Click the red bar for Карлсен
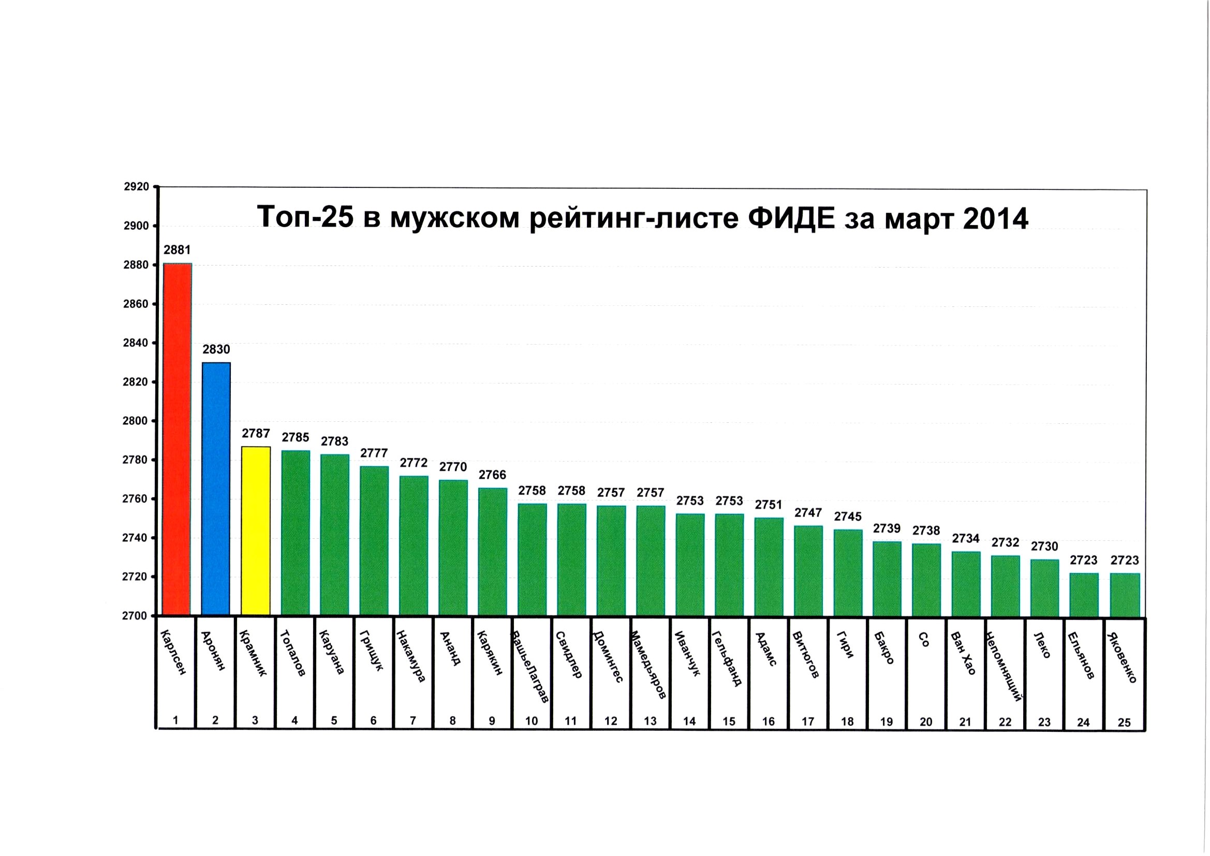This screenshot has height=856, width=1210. tap(177, 439)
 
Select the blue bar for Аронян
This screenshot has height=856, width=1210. tap(216, 489)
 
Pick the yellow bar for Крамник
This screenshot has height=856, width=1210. tap(256, 531)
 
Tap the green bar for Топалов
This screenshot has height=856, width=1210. tap(295, 533)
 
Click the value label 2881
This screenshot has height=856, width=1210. tap(177, 250)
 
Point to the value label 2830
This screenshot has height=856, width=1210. tap(216, 349)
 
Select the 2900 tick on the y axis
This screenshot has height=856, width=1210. tap(136, 226)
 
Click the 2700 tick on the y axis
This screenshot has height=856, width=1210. tap(136, 616)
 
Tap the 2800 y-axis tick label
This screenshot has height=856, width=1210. tap(136, 421)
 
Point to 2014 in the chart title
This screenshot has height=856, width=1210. tap(996, 218)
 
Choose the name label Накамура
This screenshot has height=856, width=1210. tap(410, 656)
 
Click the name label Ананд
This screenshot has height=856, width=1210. tap(451, 648)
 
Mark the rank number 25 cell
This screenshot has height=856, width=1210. tap(1124, 722)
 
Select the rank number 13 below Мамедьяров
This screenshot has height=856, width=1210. tap(650, 721)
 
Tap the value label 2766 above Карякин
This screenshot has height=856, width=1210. tap(492, 475)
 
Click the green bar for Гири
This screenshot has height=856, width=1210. tap(848, 573)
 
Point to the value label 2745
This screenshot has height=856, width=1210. tap(848, 516)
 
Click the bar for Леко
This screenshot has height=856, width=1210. tap(1044, 588)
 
